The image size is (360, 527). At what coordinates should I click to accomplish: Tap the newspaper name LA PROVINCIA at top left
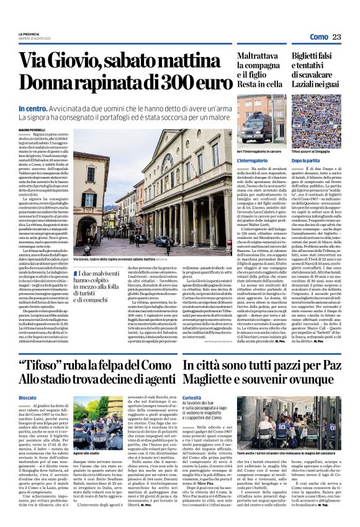[29, 34]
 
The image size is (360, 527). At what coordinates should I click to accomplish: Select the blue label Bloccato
[27, 380]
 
